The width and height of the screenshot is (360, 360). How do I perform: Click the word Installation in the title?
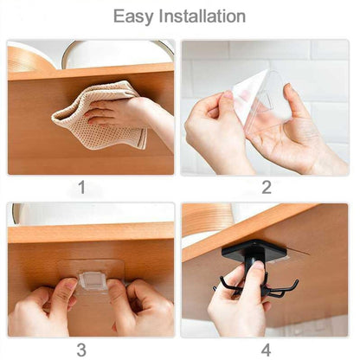[203, 16]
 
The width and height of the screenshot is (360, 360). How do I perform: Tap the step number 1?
[82, 186]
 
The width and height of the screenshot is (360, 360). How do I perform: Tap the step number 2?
[267, 186]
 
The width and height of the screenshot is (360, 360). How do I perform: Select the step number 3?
[82, 350]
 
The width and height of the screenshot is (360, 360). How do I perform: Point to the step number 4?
[267, 350]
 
